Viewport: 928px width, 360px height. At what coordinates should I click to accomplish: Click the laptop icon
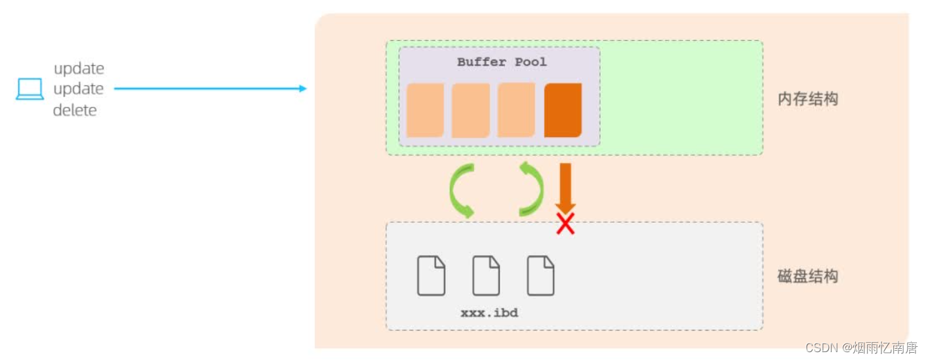tap(30, 89)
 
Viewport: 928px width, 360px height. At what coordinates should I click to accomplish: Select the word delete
tap(75, 110)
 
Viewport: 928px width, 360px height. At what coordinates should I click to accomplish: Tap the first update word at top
tap(79, 68)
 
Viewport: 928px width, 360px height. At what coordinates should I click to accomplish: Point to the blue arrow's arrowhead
tap(302, 89)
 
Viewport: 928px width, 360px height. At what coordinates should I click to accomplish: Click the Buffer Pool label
tap(502, 62)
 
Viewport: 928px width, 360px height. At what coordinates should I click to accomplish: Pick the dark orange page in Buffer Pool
tap(563, 110)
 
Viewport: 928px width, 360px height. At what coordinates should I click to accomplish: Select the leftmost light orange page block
tap(425, 110)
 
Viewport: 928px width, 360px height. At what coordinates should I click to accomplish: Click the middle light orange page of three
tap(470, 110)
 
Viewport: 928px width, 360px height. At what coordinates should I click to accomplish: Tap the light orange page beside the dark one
tap(516, 110)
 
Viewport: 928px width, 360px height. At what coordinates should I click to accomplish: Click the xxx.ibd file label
tap(489, 313)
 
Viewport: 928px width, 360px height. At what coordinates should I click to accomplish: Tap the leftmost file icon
tap(432, 275)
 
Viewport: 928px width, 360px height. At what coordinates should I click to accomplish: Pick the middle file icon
tap(486, 275)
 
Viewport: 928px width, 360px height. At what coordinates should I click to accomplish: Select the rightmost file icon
tap(541, 275)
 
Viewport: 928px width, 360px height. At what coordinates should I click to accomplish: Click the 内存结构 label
tap(807, 99)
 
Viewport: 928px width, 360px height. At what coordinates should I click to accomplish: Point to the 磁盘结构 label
tap(807, 276)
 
